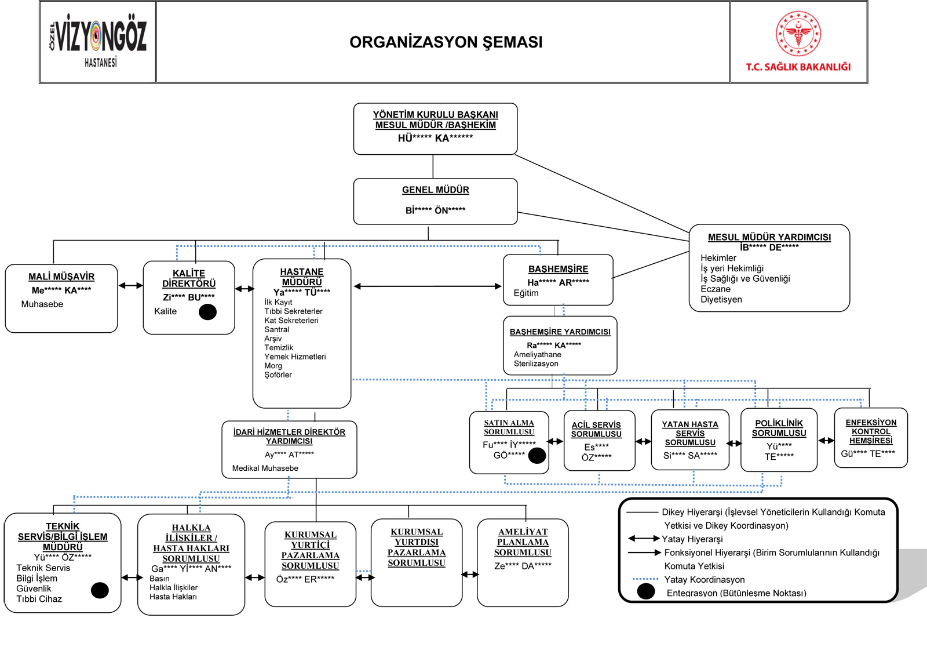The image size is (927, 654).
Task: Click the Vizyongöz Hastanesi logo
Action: coord(98,40)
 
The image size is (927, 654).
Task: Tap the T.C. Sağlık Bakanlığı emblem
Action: coord(798,34)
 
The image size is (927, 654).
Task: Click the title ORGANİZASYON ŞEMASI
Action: coord(446,42)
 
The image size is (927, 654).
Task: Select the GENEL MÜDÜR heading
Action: coord(435,190)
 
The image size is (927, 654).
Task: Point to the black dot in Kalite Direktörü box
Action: coord(208,312)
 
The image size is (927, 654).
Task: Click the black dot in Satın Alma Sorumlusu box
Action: coord(537,456)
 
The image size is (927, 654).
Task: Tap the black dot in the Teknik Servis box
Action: coord(100,590)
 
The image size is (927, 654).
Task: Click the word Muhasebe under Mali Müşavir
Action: coord(42,304)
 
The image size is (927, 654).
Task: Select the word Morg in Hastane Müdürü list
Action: coord(273,366)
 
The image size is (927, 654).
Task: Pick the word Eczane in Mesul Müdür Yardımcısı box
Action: coord(716,289)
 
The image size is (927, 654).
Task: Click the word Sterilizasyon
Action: coord(536,364)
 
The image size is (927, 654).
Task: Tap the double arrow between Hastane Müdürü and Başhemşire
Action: coord(428,286)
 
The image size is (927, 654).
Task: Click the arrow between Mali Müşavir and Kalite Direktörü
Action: coord(131,285)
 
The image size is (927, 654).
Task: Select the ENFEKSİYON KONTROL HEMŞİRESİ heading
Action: coord(871,431)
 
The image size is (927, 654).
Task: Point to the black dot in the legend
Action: coord(646,591)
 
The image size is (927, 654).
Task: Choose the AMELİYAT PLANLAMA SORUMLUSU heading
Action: coord(523,542)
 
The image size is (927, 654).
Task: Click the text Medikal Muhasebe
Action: coord(265,468)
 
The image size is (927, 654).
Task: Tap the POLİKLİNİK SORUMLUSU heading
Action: coord(779,428)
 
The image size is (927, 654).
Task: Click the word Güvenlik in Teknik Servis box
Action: coord(34,588)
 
